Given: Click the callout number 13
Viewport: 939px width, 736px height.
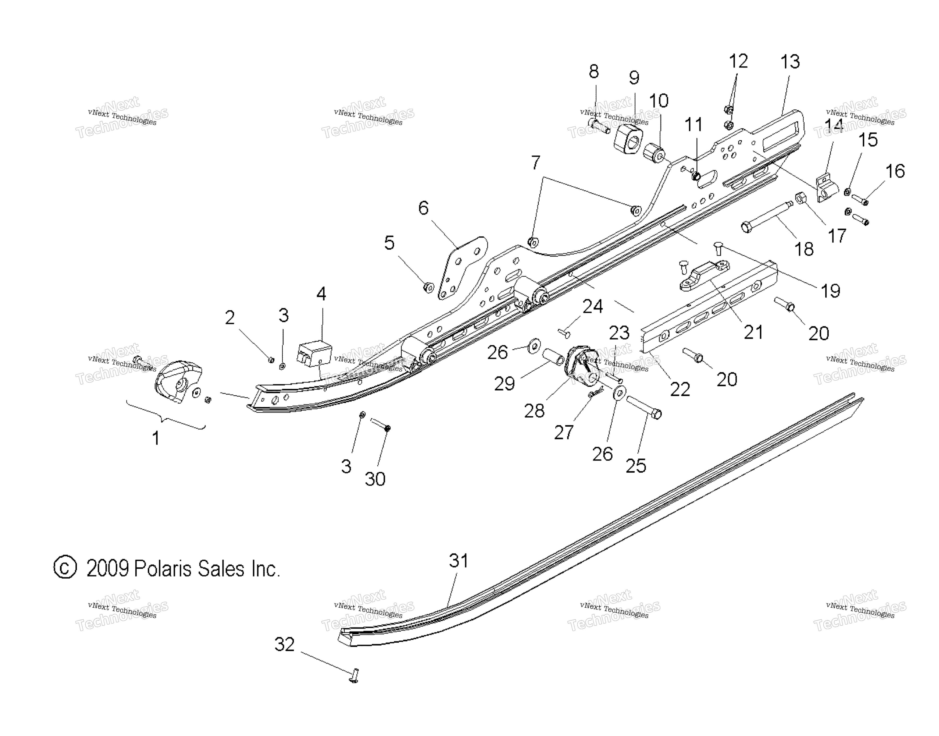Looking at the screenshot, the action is [790, 62].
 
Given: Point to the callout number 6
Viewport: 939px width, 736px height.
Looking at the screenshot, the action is [424, 208].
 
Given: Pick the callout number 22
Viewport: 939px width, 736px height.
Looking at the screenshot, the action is [680, 389].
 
